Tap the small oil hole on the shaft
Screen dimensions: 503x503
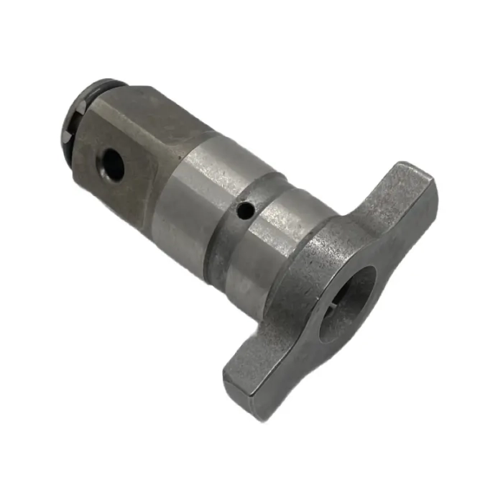(246, 211)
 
